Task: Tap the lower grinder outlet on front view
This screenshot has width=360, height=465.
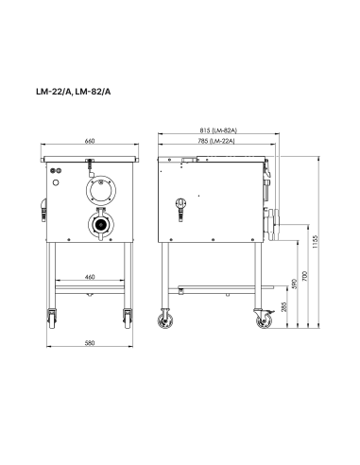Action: pyautogui.click(x=98, y=226)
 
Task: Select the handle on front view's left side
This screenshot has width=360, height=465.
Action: pyautogui.click(x=44, y=206)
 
